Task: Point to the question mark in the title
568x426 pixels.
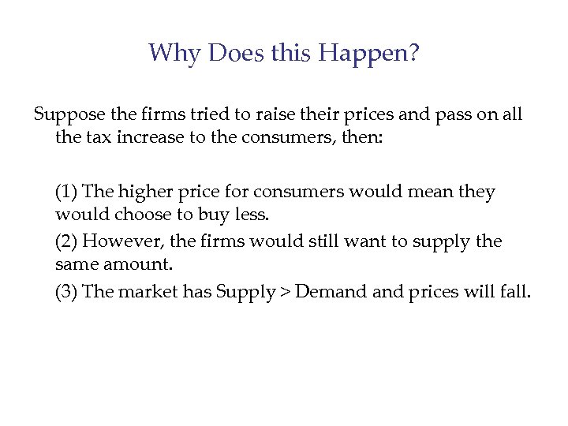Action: (413, 53)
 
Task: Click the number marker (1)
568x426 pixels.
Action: (66, 192)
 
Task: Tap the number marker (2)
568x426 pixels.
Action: (66, 241)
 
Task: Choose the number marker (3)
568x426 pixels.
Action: (66, 291)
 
